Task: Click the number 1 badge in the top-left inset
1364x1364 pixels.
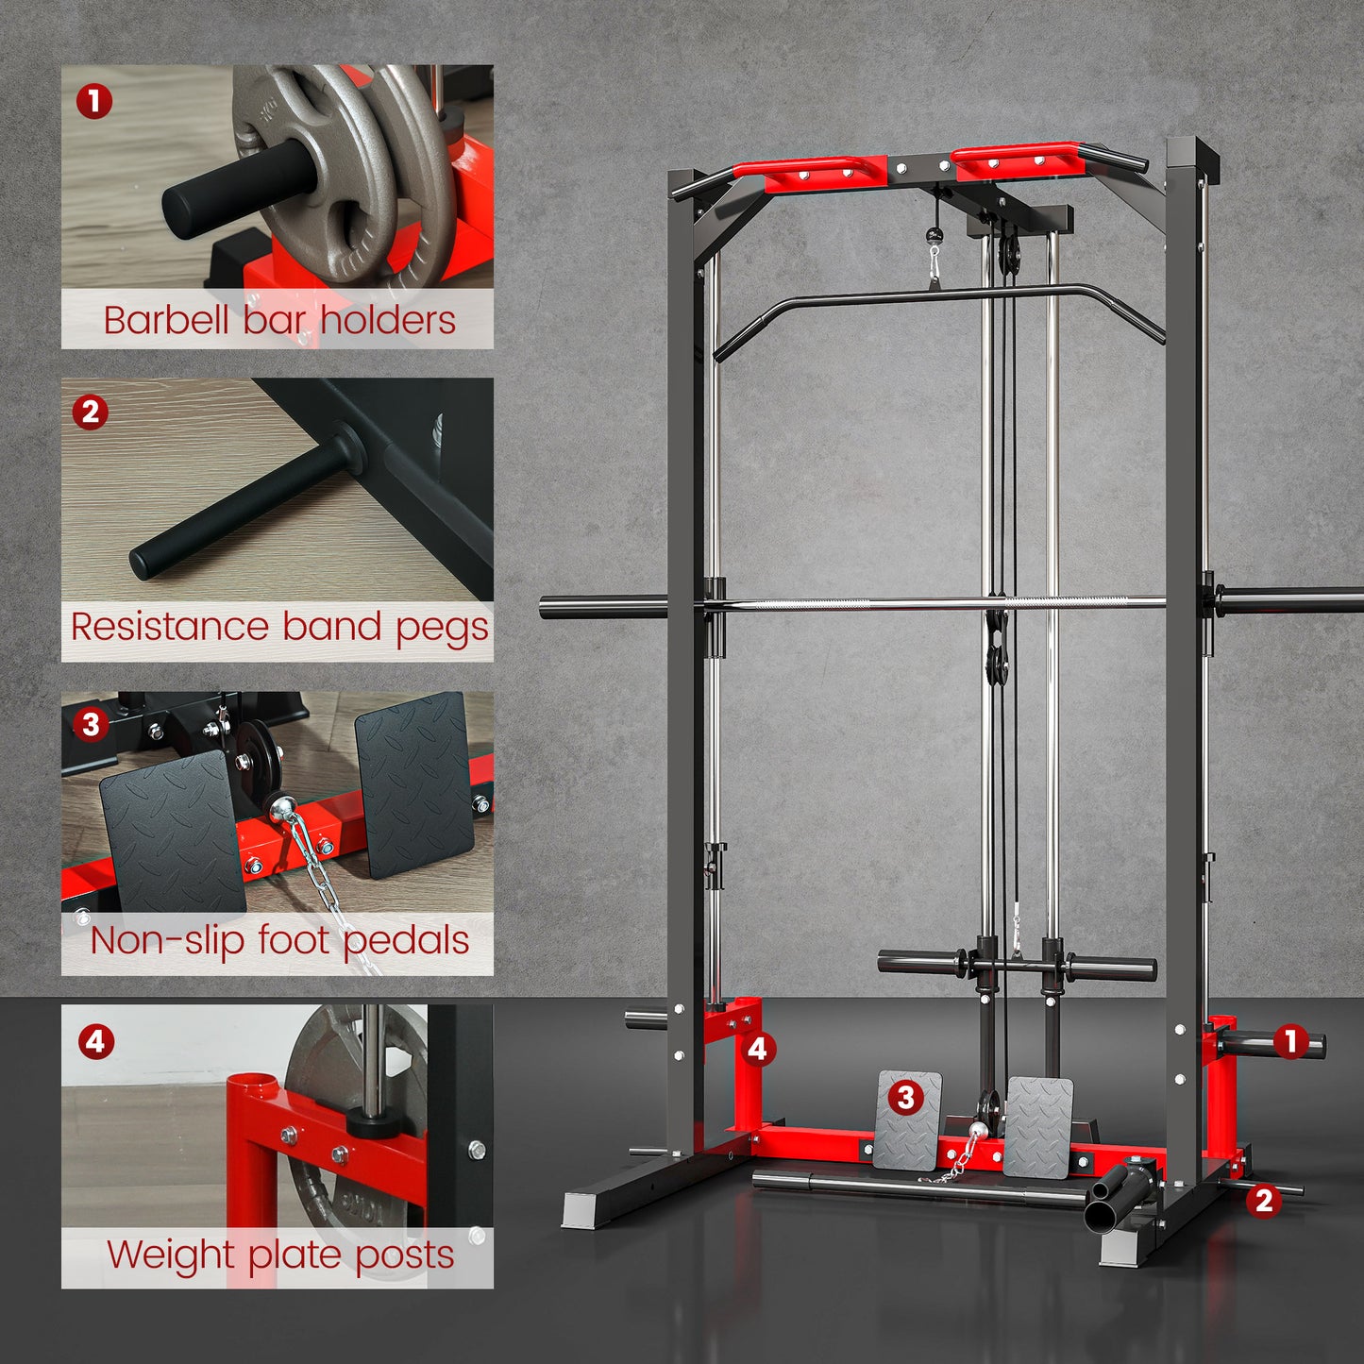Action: [94, 101]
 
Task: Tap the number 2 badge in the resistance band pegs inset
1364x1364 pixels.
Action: [91, 412]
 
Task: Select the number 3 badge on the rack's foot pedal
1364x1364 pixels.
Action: [906, 1097]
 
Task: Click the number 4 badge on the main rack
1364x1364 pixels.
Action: [758, 1049]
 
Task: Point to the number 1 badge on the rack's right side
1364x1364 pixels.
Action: [1290, 1041]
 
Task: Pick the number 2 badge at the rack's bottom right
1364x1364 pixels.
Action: [1264, 1200]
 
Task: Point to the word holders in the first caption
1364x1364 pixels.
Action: [388, 320]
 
